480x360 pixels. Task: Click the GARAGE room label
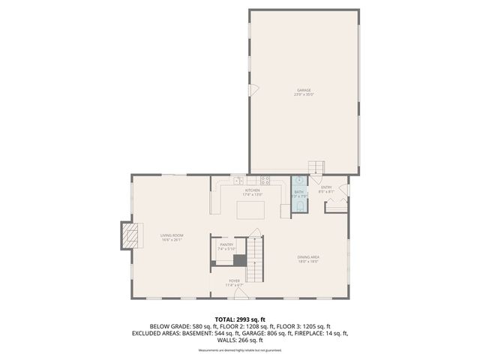304,90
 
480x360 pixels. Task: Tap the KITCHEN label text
252,190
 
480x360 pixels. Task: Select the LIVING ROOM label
172,235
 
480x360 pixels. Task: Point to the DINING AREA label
308,257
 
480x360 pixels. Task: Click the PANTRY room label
226,244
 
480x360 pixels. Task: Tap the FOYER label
235,280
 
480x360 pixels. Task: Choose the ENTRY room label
326,187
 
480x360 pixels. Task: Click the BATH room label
298,192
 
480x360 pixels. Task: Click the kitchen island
251,209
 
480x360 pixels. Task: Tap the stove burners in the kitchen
264,180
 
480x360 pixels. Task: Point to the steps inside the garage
318,168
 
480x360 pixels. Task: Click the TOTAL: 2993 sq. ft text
240,319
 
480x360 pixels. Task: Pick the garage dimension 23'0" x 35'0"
304,95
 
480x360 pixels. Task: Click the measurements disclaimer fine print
240,350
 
